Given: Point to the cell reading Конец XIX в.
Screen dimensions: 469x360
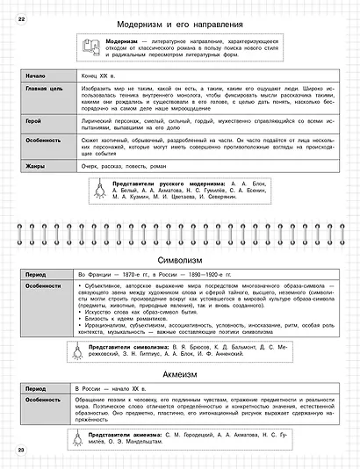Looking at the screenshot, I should click(x=93, y=76).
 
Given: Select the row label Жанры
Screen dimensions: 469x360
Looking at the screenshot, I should click(x=38, y=165).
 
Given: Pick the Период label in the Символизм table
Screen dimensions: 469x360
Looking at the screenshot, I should click(x=40, y=275).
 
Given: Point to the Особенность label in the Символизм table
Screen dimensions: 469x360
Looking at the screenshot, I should click(x=48, y=286).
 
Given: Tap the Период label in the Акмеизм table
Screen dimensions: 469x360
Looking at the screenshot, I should click(x=40, y=387).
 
